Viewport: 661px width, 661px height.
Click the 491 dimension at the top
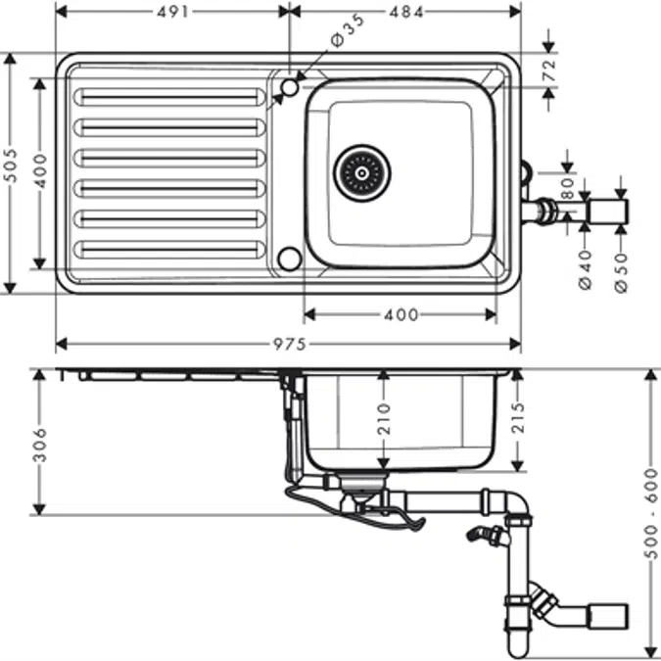pos(172,11)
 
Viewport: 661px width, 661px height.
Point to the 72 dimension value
pos(549,70)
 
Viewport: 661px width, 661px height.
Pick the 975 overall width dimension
pos(289,344)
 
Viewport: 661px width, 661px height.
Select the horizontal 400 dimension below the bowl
pos(400,314)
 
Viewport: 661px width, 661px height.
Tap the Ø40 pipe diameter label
pos(586,268)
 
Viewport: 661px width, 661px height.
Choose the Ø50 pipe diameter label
pos(620,268)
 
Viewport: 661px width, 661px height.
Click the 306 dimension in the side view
pos(40,443)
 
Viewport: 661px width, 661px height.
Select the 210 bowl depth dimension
pos(383,419)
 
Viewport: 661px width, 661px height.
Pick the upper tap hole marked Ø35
pos(289,89)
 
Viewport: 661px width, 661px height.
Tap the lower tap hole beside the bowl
pos(289,259)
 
